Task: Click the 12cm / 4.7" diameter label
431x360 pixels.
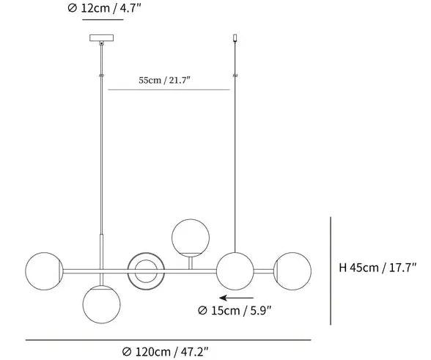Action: tap(104, 8)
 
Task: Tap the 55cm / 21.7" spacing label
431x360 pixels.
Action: tap(164, 81)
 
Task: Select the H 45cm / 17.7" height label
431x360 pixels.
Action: tap(377, 268)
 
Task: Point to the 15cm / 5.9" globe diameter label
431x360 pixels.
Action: tap(235, 310)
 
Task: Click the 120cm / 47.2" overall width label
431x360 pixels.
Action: tap(165, 351)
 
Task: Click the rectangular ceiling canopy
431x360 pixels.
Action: tap(101, 37)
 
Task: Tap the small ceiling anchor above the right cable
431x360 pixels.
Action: tap(235, 37)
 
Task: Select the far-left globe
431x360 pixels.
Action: tap(44, 271)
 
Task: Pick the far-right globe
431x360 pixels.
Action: tap(292, 271)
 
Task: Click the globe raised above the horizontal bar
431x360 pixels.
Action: tap(191, 238)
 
